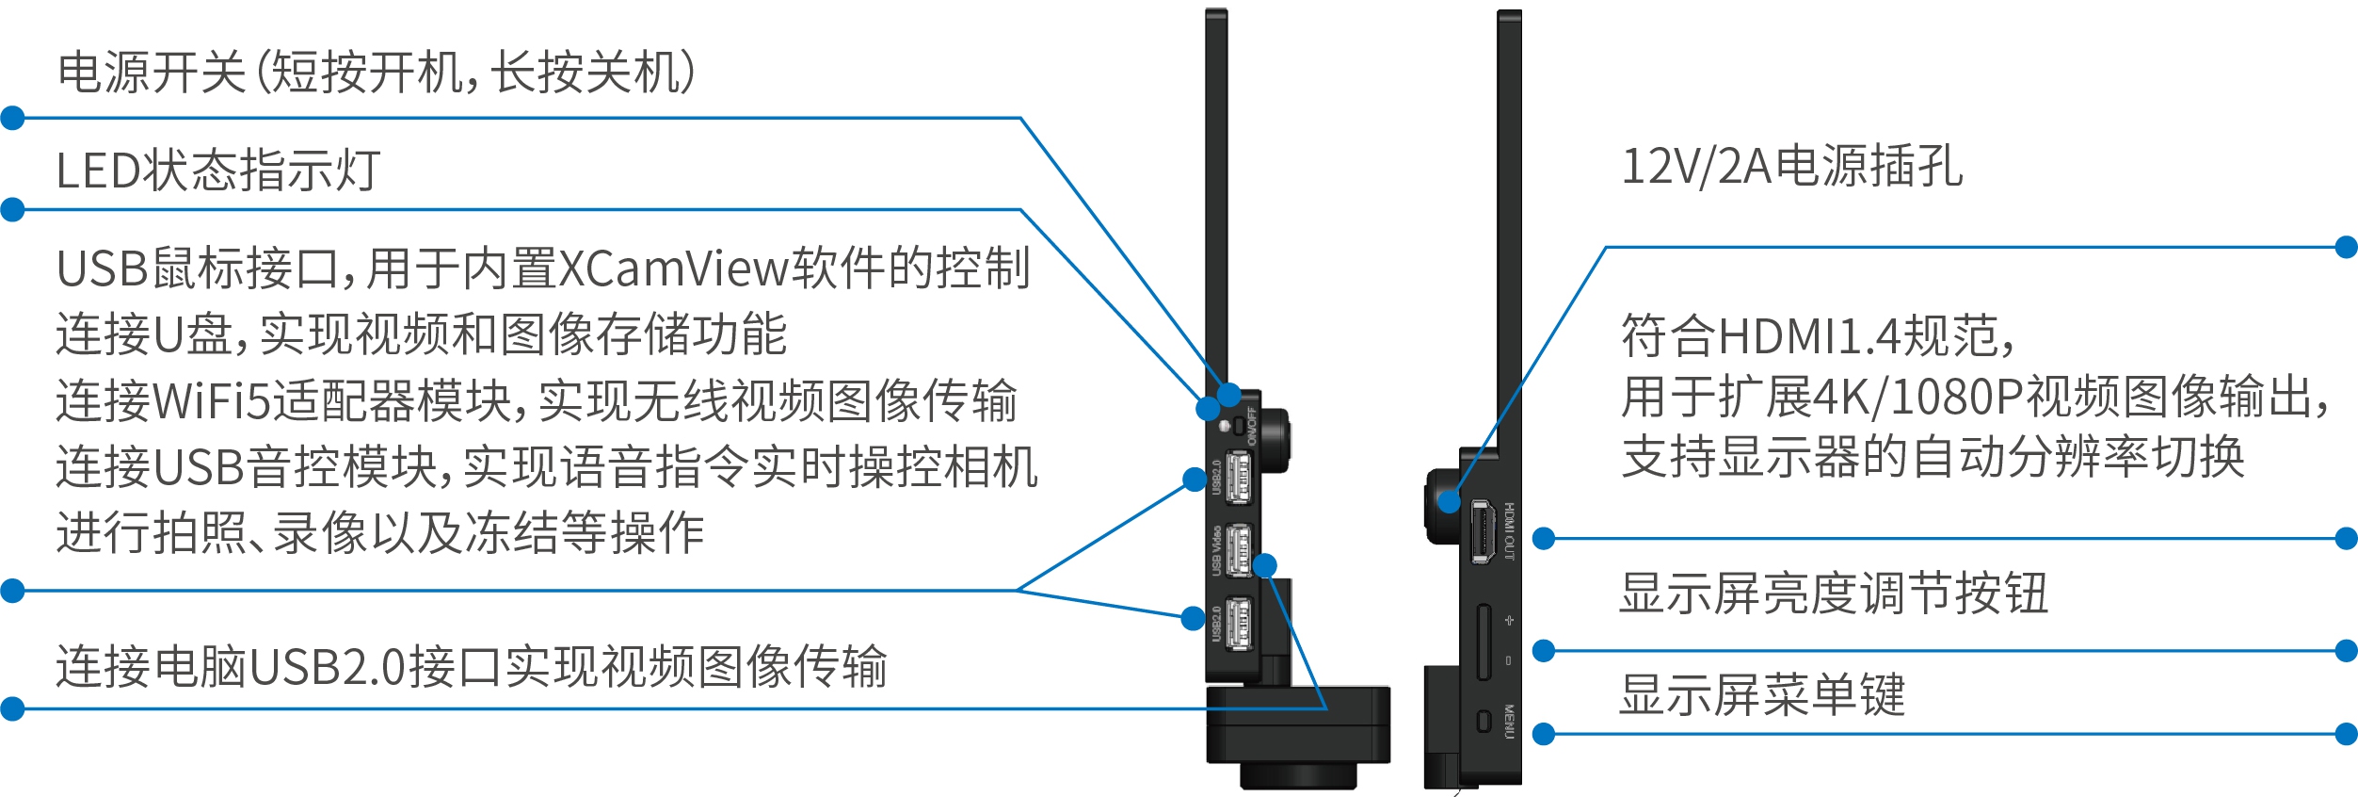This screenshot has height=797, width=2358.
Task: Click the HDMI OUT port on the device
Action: point(1483,532)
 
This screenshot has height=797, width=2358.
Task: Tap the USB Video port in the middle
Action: point(1239,550)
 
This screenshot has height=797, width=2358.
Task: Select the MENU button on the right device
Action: point(1484,722)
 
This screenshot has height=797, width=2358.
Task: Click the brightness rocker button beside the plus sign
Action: point(1484,642)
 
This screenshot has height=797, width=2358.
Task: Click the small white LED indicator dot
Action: point(1225,427)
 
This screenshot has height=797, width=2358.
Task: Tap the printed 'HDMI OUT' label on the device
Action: point(1509,531)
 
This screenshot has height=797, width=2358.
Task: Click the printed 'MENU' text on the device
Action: point(1509,722)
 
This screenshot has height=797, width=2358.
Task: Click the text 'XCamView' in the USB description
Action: point(674,269)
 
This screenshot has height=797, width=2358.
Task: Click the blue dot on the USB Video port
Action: point(1265,565)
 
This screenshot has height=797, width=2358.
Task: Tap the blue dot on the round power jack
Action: point(1450,501)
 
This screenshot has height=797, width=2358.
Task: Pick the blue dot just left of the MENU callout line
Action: point(1544,734)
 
